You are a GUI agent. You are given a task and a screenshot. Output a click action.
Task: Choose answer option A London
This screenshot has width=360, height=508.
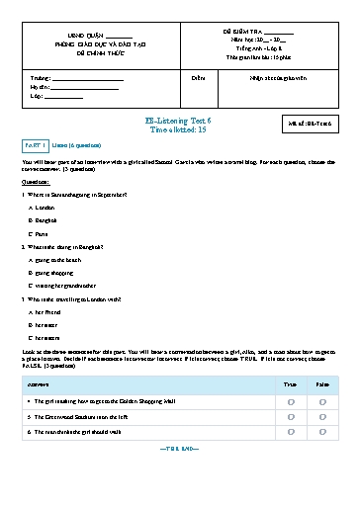[x=45, y=210]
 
